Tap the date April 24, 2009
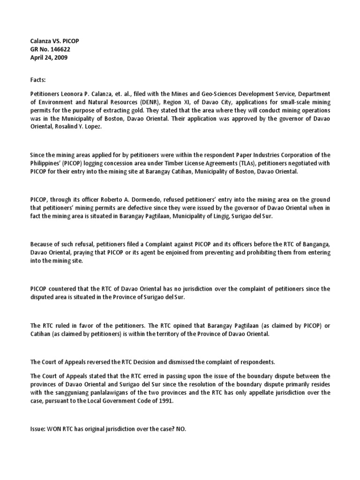point(50,57)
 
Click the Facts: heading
point(38,81)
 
